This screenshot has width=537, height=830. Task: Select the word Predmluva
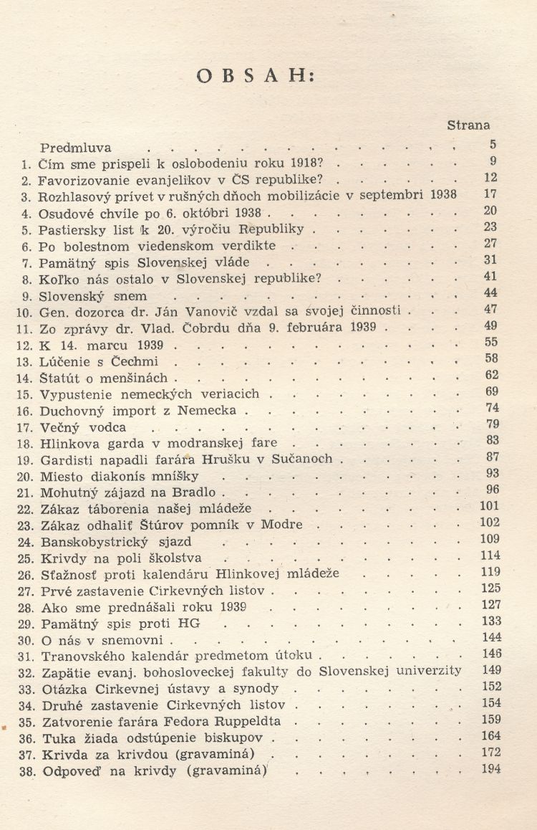[x=76, y=148]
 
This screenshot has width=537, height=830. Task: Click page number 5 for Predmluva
[x=493, y=145]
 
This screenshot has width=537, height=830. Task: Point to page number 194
[x=490, y=769]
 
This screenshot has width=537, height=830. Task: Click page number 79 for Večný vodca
[x=492, y=425]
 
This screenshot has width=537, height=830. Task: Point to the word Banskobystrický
[x=91, y=542]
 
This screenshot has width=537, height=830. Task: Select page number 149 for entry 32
[x=490, y=670]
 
